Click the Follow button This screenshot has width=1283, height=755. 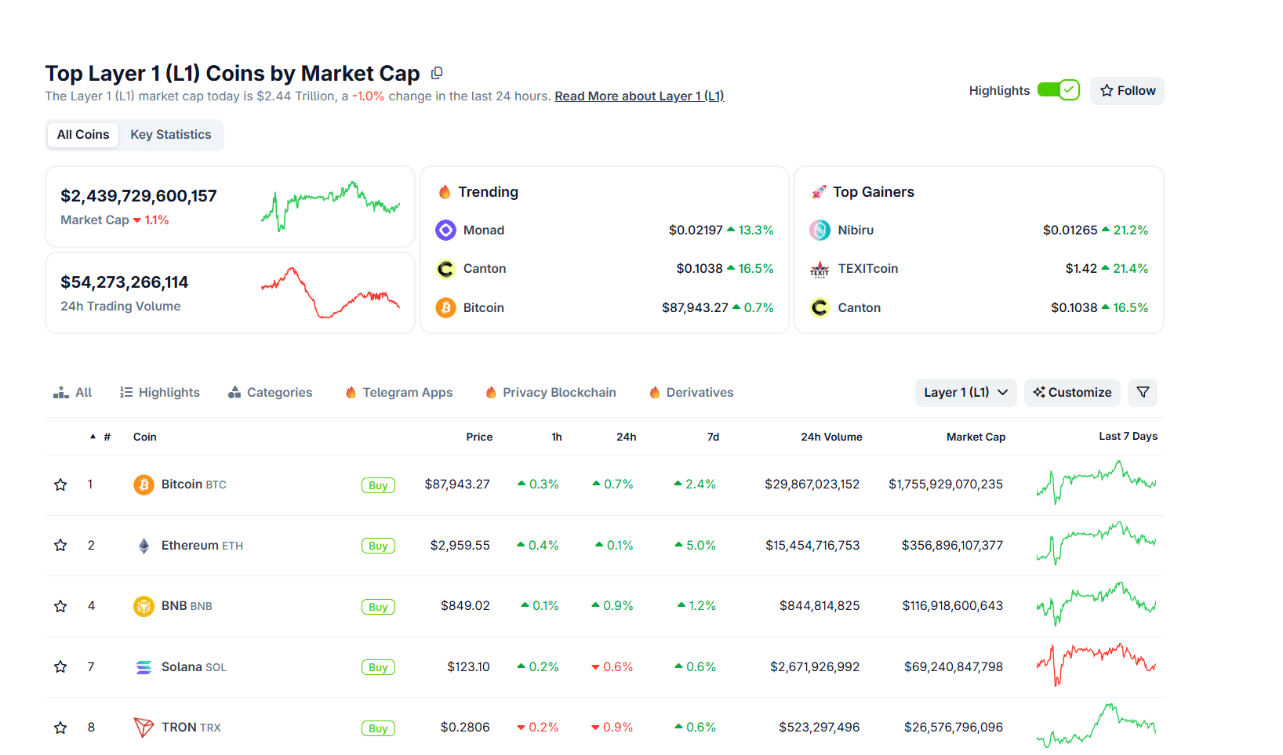[x=1127, y=91]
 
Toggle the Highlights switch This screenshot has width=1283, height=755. [x=1058, y=90]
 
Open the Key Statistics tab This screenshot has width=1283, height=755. [x=170, y=135]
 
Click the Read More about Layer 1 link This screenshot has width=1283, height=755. [x=639, y=96]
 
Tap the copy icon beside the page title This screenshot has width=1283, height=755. [x=437, y=73]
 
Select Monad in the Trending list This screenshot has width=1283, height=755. [x=483, y=230]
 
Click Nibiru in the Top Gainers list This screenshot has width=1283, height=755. [x=855, y=230]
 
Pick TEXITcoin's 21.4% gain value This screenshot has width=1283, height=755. [x=1130, y=269]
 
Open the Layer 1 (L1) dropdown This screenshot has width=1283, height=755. [x=965, y=393]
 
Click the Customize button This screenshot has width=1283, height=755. [x=1072, y=393]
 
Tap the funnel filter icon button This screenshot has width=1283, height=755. [x=1143, y=393]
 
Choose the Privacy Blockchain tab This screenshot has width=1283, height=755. [x=558, y=393]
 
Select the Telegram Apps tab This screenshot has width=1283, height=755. [x=407, y=393]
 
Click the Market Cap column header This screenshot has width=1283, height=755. [x=976, y=437]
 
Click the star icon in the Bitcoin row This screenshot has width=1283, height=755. [x=60, y=485]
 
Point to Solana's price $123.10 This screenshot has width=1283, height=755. [x=468, y=667]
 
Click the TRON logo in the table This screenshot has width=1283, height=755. [x=144, y=728]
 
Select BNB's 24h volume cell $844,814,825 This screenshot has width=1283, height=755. [x=819, y=606]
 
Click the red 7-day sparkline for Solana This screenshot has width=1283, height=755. [x=1096, y=663]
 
